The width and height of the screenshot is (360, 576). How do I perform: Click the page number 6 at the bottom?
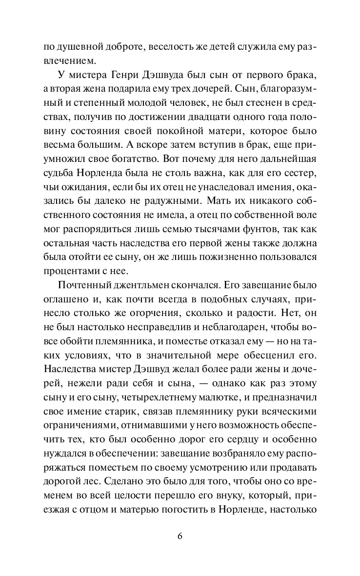point(180,536)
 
